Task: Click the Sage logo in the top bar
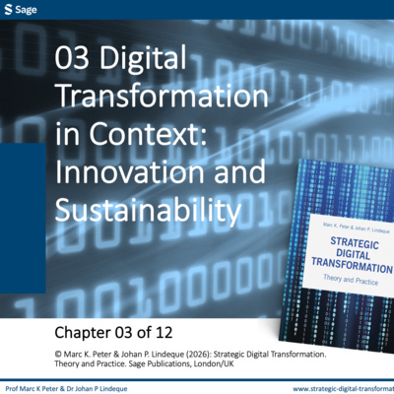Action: coord(21,10)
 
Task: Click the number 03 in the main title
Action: coord(72,57)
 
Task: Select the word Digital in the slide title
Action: coord(143,57)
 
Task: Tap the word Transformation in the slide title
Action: coord(162,96)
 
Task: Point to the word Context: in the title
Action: coord(148,134)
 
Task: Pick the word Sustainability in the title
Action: coord(149,210)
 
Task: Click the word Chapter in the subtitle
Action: coord(82,333)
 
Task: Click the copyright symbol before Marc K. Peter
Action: coord(58,355)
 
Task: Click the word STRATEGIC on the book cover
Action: coord(355,243)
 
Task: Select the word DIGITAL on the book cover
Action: coord(353,254)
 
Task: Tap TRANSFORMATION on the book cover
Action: coord(352,266)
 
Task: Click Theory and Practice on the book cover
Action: coord(351,280)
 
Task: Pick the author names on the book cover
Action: coord(357,228)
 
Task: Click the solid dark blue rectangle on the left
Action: coord(23,218)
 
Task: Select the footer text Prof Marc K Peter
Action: coord(33,389)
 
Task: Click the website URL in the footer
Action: coord(343,389)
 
